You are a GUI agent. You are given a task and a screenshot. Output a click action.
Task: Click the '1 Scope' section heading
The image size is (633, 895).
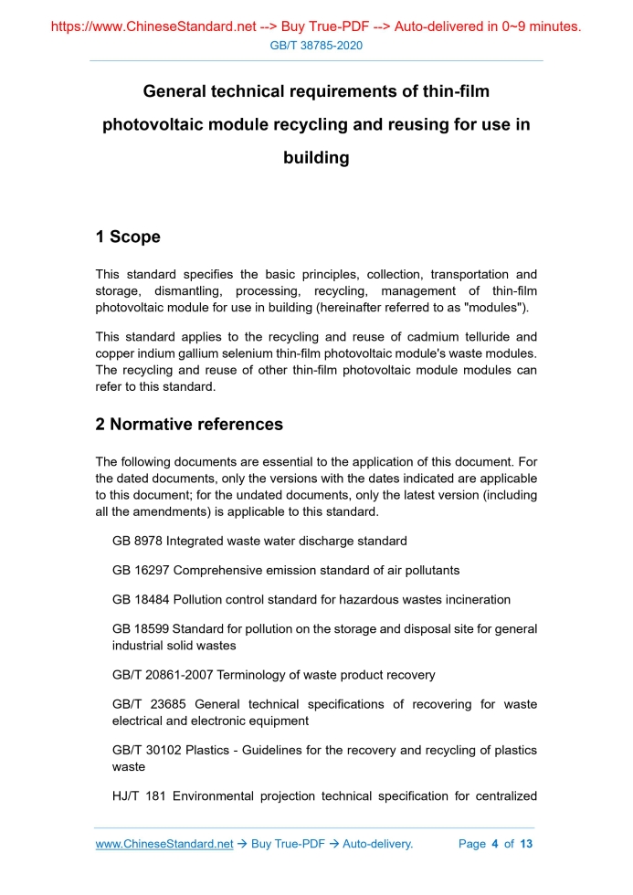coord(128,237)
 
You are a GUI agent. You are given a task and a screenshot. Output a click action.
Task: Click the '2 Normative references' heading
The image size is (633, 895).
coord(189,425)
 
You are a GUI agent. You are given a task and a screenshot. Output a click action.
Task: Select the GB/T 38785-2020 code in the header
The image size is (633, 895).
coord(316,46)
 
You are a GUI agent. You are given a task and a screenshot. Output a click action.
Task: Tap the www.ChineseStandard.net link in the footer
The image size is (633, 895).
coord(164,844)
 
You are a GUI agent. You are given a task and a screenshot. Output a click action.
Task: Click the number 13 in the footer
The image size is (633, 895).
coord(525,844)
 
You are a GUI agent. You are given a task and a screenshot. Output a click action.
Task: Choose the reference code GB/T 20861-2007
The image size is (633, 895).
coord(160,675)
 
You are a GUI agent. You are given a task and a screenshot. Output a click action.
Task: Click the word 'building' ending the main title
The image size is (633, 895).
coord(316,158)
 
